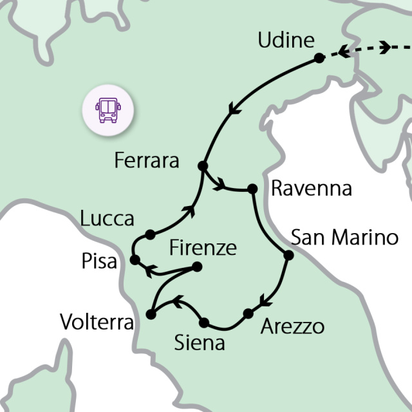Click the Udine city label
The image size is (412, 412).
[x=286, y=41]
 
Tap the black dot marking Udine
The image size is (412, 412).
[x=319, y=58]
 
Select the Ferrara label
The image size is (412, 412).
[x=146, y=160]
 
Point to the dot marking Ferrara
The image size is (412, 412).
[x=203, y=165]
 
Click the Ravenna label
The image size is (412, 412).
[x=312, y=189]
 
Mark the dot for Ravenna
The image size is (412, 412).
[x=252, y=189]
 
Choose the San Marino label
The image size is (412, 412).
[x=344, y=237]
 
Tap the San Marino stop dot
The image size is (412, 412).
[x=288, y=255]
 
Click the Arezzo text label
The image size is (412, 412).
[x=292, y=326]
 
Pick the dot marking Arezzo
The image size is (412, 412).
[x=248, y=314]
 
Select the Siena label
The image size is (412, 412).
[x=200, y=343]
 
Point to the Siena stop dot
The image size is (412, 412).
[x=205, y=322]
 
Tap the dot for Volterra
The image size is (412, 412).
[x=151, y=314]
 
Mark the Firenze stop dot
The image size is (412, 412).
[x=198, y=267]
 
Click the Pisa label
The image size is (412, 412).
[x=100, y=262]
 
